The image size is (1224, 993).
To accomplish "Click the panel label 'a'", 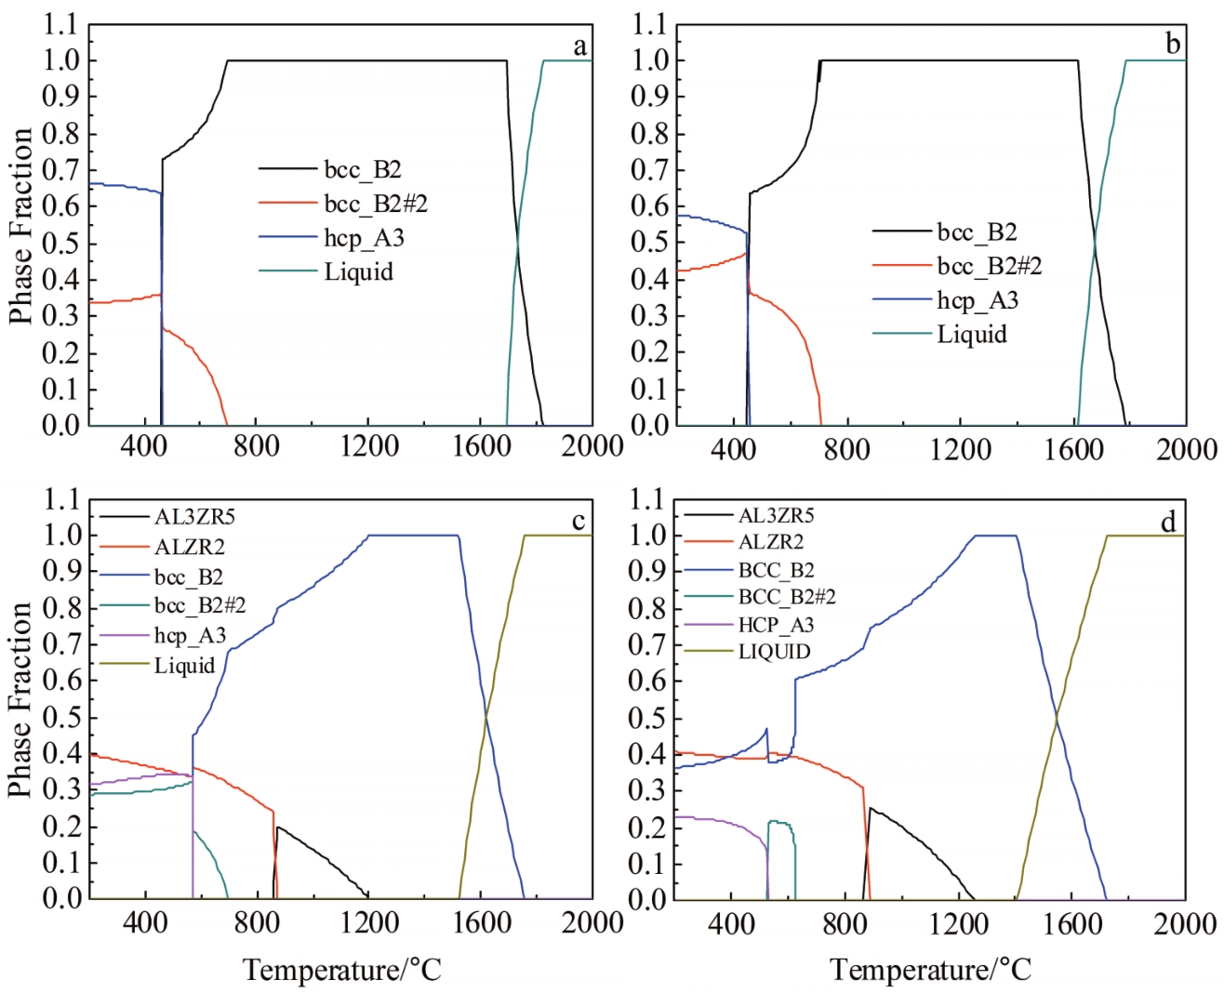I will pos(579,46).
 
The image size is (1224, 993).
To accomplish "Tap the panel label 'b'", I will pos(1173,44).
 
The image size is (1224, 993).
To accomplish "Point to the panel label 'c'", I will pos(579,522).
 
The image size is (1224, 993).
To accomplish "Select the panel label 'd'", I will pos(1169,523).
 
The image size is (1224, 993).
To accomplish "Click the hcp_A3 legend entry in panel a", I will pos(364,238).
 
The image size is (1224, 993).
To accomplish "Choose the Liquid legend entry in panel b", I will pos(971,334).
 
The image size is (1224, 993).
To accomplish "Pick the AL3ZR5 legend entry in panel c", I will pos(194,516).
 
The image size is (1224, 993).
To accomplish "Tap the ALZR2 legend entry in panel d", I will pos(771,541).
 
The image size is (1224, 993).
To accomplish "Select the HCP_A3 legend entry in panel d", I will pos(776,625).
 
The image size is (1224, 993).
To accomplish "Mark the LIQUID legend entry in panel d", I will pos(774,652).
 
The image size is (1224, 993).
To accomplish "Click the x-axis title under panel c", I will pos(342,971).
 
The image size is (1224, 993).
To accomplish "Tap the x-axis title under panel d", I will pos(931,971).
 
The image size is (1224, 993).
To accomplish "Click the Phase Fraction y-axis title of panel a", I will pos(20,226).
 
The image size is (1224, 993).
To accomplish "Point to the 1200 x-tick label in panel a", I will pos(369,446).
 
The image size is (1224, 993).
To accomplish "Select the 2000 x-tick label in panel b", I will pos(1186,449).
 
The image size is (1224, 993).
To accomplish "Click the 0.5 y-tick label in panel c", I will pos(60,717).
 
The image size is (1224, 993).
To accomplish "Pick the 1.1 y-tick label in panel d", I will pos(648,500).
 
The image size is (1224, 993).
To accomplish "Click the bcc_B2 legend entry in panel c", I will pos(189,576).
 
